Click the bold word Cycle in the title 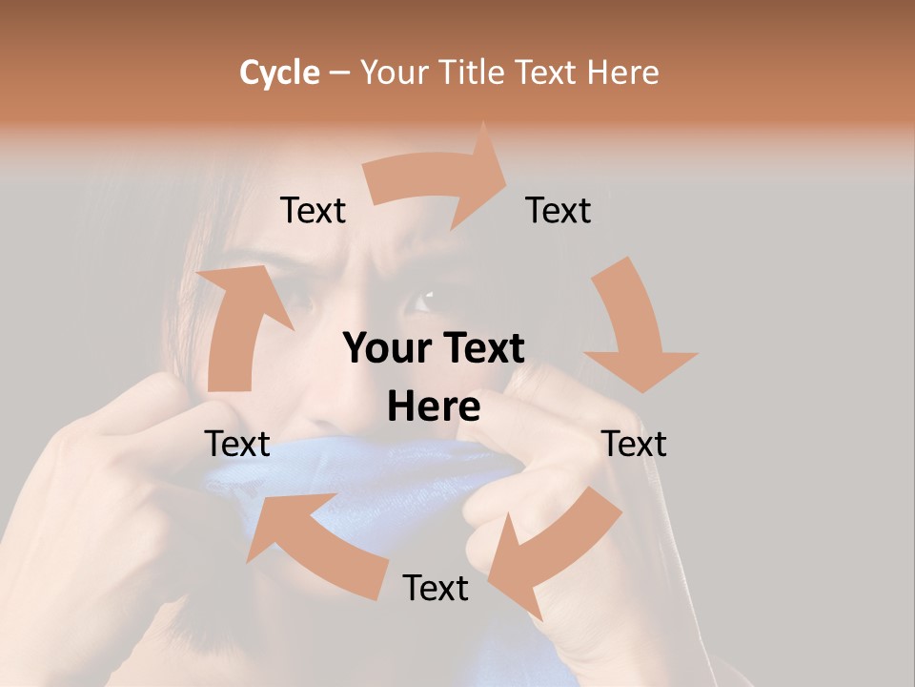pos(279,73)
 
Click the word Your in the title pos(396,73)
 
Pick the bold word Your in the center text pos(383,349)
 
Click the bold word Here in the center pos(434,407)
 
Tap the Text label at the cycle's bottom pos(436,588)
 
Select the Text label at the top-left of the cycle pos(313,210)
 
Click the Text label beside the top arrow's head pos(559,210)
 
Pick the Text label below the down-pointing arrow pos(634,444)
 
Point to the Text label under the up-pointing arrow pos(237,444)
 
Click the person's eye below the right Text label pos(419,303)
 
